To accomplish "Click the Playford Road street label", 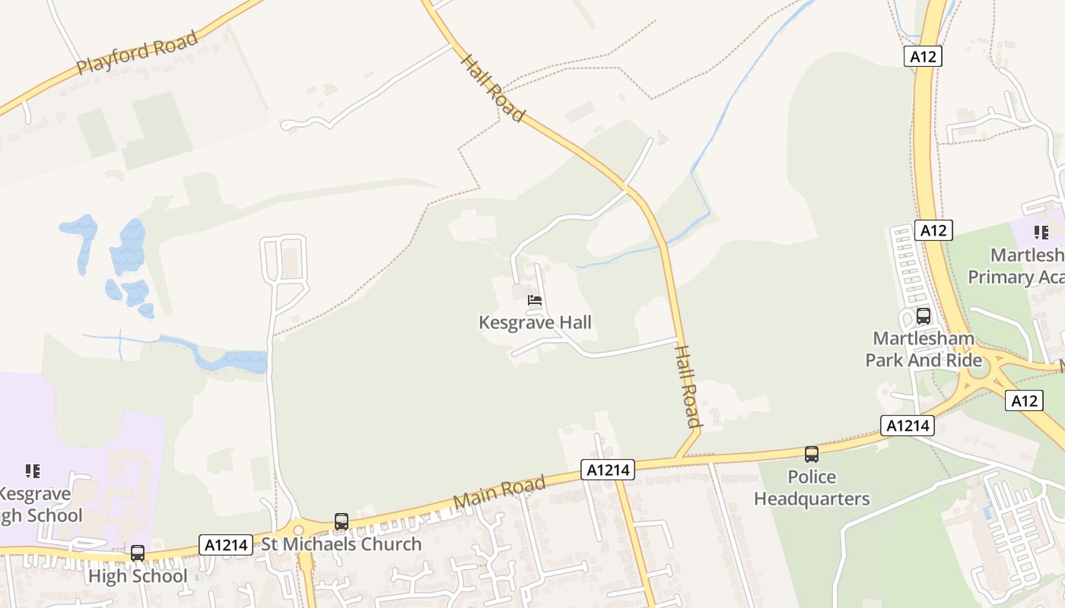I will tap(138, 52).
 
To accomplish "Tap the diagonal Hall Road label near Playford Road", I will tap(493, 87).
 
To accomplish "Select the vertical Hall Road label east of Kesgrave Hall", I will tap(687, 386).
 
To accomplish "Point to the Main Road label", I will tap(500, 492).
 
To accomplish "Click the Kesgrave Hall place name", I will tap(535, 322).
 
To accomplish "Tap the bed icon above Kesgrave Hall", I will tap(535, 300).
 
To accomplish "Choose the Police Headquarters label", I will tap(812, 488).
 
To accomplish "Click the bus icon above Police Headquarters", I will tap(812, 454).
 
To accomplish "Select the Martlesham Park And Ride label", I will tap(924, 349).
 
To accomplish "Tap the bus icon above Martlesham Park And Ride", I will tap(924, 316).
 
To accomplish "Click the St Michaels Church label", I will tap(341, 544).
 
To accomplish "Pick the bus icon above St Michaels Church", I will tap(342, 522).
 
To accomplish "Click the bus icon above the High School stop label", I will tap(138, 553).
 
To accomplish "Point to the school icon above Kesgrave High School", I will tap(33, 471).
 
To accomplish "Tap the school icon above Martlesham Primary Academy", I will tap(1041, 233).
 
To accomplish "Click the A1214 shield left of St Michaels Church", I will tap(226, 545).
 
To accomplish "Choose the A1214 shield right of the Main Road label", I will tap(608, 470).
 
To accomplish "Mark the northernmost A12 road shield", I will tap(924, 56).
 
